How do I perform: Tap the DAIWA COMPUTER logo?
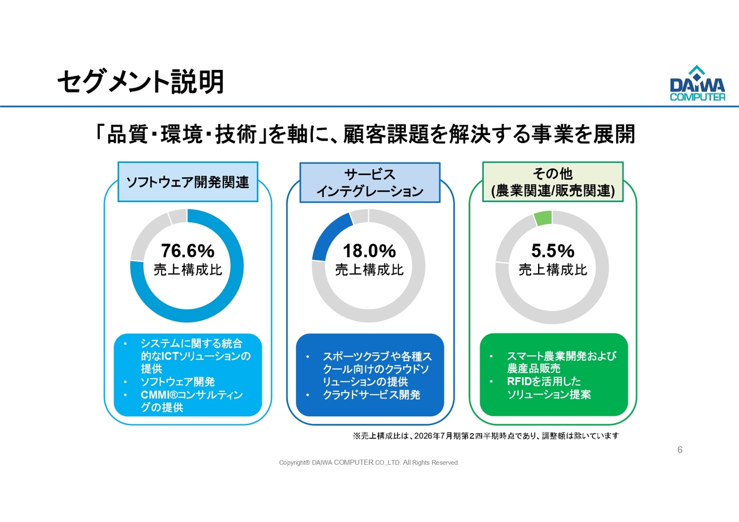pos(697,84)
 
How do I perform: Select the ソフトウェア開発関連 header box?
pos(188,182)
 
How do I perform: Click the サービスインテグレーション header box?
pos(369,182)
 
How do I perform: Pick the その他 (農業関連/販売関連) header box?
pos(553,182)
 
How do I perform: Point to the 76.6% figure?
pos(188,251)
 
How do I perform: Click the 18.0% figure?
pos(369,251)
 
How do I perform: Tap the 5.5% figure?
pos(553,251)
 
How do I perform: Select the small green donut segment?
pos(543,218)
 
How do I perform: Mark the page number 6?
pos(680,450)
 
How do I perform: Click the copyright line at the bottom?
pos(369,463)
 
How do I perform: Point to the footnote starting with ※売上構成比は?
pos(485,436)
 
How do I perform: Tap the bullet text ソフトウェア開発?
pos(178,382)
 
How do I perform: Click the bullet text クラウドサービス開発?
pos(371,395)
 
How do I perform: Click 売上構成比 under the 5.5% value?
pos(553,270)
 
